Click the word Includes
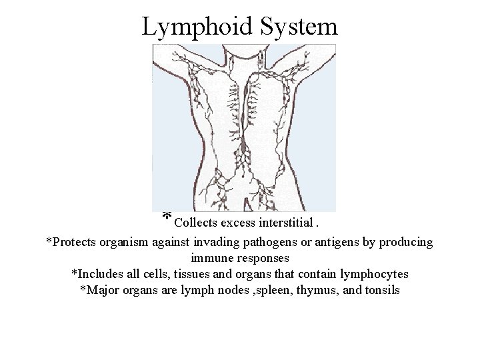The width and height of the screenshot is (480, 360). click(95, 273)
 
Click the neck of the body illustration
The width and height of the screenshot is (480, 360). click(245, 57)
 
